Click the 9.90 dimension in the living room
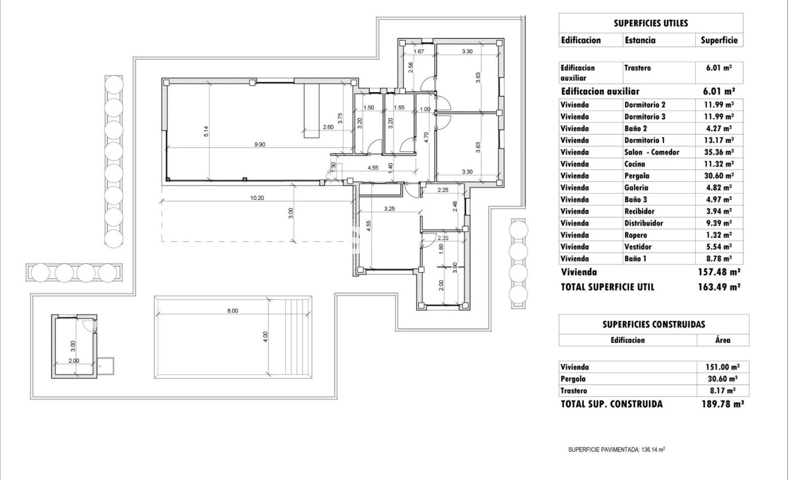click(x=259, y=145)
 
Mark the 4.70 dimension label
click(x=426, y=135)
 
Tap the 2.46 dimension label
click(x=455, y=208)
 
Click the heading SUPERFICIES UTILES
click(x=650, y=23)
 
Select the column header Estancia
click(x=640, y=41)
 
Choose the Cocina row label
click(x=636, y=164)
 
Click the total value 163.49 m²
click(x=721, y=287)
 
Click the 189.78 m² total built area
click(x=722, y=404)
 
